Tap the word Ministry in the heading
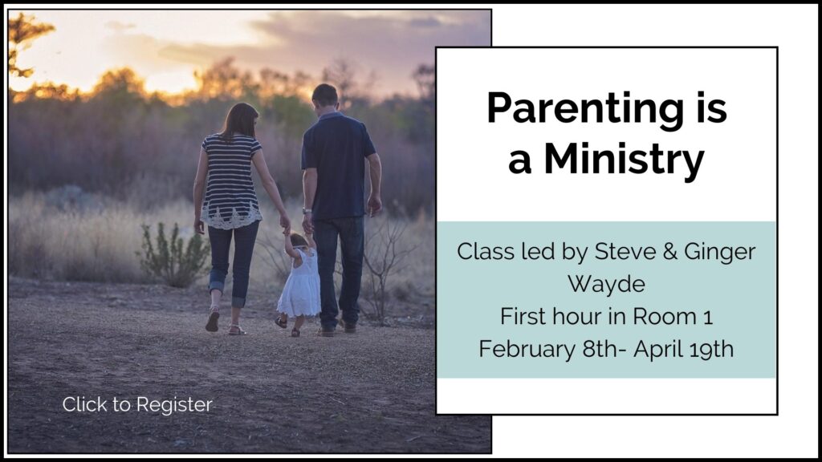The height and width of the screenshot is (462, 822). point(624,160)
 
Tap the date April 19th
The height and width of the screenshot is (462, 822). point(684,350)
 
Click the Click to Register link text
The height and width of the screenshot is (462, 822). point(137,404)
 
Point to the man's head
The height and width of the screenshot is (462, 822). point(325,97)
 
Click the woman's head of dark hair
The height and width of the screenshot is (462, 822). point(240,122)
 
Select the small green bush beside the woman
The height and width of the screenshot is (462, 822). point(173,255)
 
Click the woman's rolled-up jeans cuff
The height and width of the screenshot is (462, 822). point(217,287)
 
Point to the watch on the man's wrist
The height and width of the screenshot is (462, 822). point(307,211)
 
